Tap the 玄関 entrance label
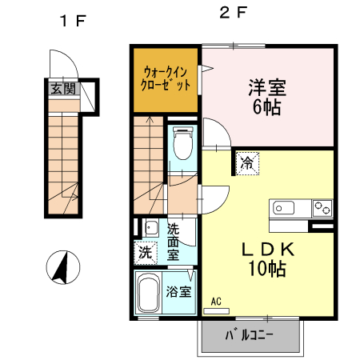coord(63,89)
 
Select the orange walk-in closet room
coord(166,78)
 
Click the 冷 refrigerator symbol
coord(247,164)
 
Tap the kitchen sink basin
coord(284,208)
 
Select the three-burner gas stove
coord(322,207)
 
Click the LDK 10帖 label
coord(269,258)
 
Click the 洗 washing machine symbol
coord(145,253)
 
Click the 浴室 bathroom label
coord(179,291)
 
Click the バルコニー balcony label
coord(250,336)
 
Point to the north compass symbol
coord(60,266)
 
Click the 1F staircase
coord(62,164)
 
